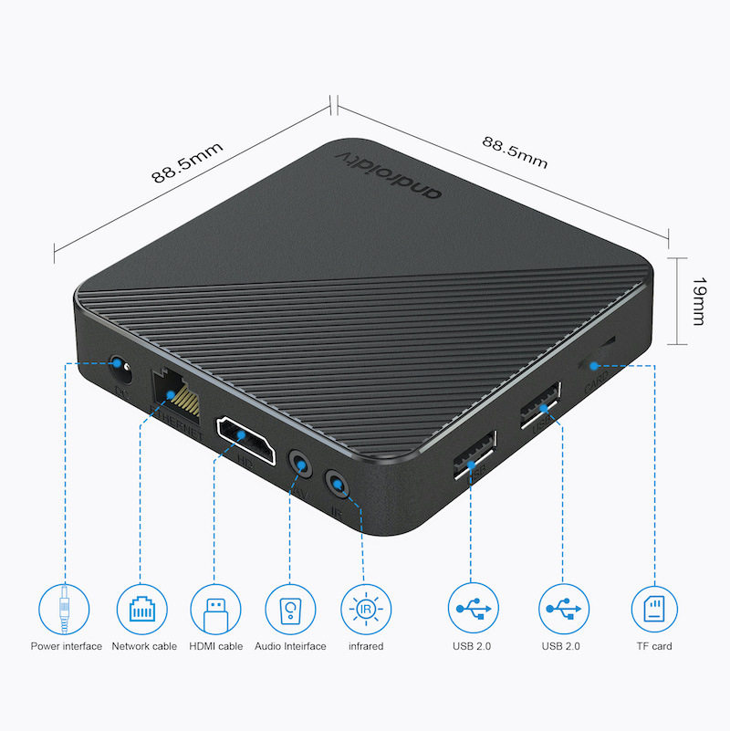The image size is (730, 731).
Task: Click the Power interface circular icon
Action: pyautogui.click(x=66, y=608)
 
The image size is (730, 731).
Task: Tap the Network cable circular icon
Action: pyautogui.click(x=141, y=608)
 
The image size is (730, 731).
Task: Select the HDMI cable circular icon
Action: pyautogui.click(x=215, y=608)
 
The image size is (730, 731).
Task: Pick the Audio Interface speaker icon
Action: pyautogui.click(x=290, y=608)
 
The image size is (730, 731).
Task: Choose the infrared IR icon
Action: pyautogui.click(x=365, y=608)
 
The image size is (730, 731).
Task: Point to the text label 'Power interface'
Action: pyautogui.click(x=66, y=647)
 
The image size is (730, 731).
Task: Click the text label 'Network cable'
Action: pyautogui.click(x=144, y=647)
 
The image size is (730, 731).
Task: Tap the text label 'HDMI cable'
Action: pyautogui.click(x=216, y=647)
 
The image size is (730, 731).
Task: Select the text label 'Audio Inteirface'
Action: pyautogui.click(x=290, y=647)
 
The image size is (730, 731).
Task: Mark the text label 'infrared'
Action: pyautogui.click(x=365, y=647)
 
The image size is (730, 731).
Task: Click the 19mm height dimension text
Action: pyautogui.click(x=698, y=301)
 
